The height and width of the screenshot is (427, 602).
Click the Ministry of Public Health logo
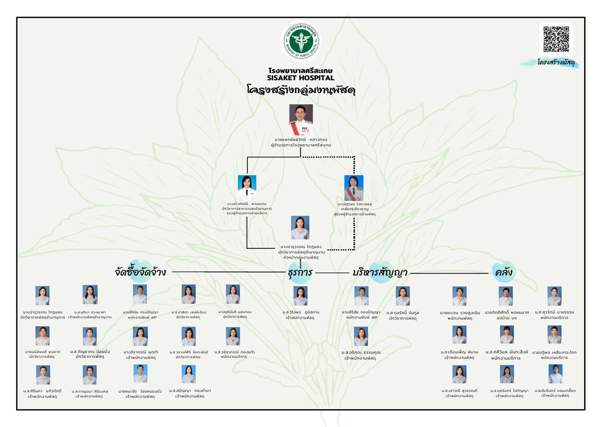[x=301, y=41]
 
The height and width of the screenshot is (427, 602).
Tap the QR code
[x=556, y=39]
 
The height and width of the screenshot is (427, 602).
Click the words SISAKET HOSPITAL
[x=301, y=78]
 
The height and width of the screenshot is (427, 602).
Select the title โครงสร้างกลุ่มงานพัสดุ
[x=301, y=90]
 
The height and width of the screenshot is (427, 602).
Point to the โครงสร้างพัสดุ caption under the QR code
[x=556, y=63]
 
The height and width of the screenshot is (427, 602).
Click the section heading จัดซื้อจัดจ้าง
[x=140, y=272]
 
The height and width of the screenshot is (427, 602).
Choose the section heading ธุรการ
[x=300, y=273]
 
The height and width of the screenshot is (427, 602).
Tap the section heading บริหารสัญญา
[x=380, y=273]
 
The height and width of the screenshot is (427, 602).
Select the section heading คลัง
[x=503, y=272]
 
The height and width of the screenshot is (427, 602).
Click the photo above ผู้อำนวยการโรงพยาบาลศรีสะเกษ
[x=301, y=120]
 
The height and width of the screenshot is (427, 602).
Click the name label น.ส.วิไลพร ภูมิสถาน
[x=301, y=312]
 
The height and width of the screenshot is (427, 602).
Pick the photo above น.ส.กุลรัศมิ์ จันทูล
[x=402, y=296]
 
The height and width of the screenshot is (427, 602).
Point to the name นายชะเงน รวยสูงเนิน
[x=460, y=313]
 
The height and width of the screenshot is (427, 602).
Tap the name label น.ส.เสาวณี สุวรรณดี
[x=459, y=391]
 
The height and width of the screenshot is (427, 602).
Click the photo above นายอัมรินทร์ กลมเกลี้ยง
[x=555, y=374]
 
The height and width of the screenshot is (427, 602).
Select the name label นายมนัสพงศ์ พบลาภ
[x=43, y=351]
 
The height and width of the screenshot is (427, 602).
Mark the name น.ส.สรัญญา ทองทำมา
[x=190, y=391]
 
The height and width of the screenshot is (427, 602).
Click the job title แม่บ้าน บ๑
[x=507, y=318]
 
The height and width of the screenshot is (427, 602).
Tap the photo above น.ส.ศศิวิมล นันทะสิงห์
[x=507, y=335]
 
